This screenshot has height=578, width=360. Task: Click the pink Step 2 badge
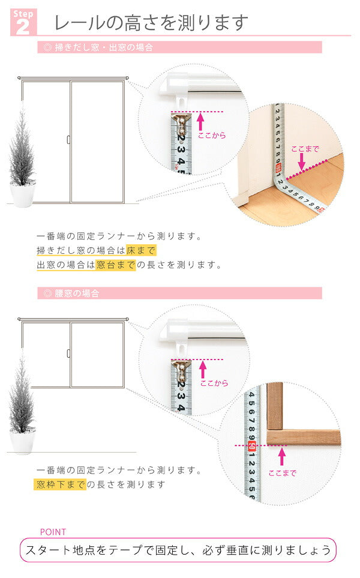click(23, 22)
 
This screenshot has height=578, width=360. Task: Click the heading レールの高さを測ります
click(151, 22)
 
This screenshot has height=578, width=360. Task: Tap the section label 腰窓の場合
click(71, 294)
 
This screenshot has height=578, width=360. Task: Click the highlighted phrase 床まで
click(141, 250)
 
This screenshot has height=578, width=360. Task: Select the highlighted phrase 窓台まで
click(116, 265)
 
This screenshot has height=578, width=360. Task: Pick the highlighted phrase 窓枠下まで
click(60, 484)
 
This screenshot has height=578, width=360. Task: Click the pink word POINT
click(53, 532)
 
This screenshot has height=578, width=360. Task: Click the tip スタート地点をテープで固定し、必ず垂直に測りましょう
click(178, 550)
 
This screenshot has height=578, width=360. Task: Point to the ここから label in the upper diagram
click(212, 135)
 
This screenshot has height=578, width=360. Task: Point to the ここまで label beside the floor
click(305, 149)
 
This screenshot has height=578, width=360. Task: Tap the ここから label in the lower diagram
click(214, 383)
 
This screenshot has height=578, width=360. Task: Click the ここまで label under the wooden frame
click(282, 473)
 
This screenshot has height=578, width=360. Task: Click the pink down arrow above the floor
click(302, 162)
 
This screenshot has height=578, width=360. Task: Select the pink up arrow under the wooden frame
click(282, 457)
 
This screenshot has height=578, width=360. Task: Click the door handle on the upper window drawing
click(68, 140)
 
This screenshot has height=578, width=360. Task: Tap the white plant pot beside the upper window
click(22, 195)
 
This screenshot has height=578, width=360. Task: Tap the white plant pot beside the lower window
click(22, 442)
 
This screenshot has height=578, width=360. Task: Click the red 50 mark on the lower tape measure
click(252, 446)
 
